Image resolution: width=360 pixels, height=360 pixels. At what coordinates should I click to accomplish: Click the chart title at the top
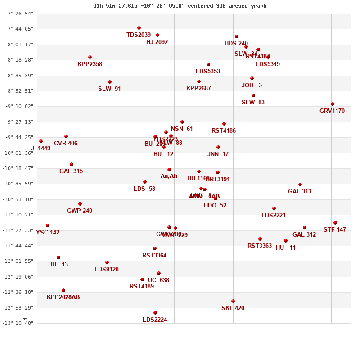pos(180,6)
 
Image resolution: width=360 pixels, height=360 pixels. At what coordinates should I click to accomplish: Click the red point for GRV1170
pos(333,104)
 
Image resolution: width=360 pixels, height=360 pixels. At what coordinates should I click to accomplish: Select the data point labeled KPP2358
pos(90,57)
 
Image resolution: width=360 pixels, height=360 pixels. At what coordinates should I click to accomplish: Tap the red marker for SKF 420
pos(233,301)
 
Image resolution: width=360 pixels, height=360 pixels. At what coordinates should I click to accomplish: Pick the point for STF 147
pos(335,223)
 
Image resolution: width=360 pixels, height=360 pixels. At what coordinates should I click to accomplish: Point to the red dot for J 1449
pos(41,141)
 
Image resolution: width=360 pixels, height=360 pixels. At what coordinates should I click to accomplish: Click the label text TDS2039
pos(139,35)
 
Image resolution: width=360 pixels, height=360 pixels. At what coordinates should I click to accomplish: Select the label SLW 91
pos(109,89)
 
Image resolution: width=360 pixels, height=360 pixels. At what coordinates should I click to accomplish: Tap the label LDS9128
pos(107,270)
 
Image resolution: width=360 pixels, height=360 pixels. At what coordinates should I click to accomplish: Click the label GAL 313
pos(300,192)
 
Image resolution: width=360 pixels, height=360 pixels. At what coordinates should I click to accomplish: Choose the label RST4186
pos(224,131)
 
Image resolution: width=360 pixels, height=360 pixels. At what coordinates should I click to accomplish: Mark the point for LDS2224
pos(155,313)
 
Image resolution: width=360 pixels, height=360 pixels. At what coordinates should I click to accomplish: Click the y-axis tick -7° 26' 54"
pos(19,13)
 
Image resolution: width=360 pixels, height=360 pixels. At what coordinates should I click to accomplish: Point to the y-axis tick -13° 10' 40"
pos(19,323)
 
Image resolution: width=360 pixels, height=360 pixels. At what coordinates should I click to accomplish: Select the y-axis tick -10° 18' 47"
pos(19,168)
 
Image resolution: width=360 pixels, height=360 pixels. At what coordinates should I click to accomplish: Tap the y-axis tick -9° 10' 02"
pos(19,106)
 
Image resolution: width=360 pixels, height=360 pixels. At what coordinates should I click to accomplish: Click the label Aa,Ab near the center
pos(169,176)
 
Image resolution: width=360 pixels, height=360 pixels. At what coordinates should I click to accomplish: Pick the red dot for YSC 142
pos(48,225)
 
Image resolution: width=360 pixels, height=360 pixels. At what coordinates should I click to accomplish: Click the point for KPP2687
pos(199,81)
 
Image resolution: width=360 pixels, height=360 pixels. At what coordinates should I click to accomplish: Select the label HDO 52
pos(215,206)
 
